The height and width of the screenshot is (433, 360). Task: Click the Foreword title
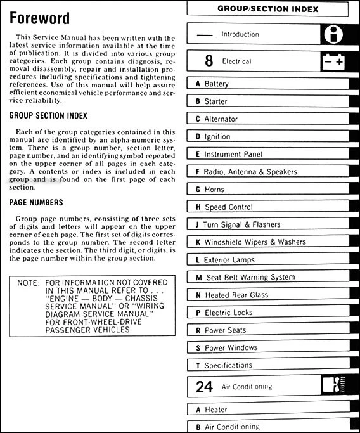click(39, 18)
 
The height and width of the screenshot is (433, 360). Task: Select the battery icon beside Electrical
click(333, 61)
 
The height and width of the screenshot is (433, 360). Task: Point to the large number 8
click(209, 61)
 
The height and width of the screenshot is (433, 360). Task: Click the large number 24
click(205, 386)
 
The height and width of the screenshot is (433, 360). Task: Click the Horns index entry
click(212, 190)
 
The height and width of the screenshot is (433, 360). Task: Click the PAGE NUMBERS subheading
click(36, 202)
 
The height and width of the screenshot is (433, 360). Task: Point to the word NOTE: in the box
click(27, 282)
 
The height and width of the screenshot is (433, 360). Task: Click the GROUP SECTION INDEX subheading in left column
click(48, 116)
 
